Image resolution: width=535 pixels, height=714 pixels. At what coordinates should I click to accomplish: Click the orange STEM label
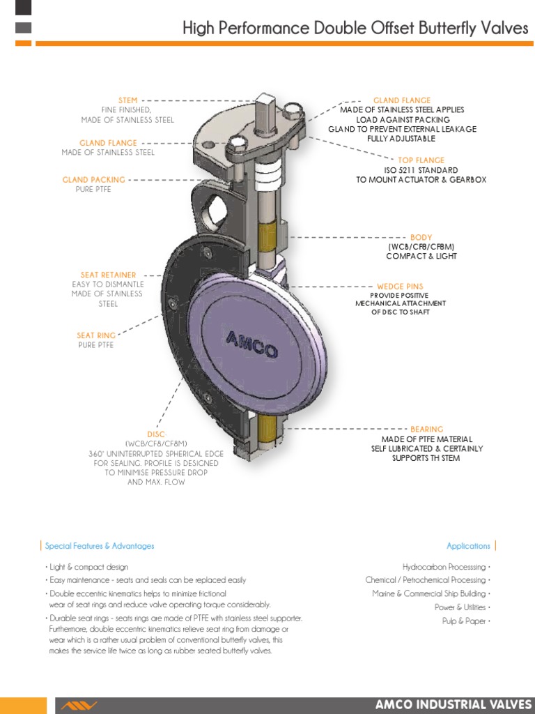pyautogui.click(x=127, y=100)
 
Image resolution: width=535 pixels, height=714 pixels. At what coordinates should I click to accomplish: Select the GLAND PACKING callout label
pyautogui.click(x=93, y=180)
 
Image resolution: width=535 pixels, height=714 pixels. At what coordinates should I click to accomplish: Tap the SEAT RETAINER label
pyautogui.click(x=108, y=275)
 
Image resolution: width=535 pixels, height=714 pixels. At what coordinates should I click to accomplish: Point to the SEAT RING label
pyautogui.click(x=96, y=336)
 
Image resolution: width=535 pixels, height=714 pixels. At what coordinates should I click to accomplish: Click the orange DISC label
pyautogui.click(x=156, y=434)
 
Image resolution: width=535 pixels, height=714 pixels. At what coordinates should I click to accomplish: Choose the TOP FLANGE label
pyautogui.click(x=421, y=160)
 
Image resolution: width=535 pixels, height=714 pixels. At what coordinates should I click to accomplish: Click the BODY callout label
pyautogui.click(x=421, y=238)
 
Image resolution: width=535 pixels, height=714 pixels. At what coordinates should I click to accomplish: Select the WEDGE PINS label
pyautogui.click(x=400, y=287)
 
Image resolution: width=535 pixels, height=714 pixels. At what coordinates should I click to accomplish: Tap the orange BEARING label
pyautogui.click(x=426, y=430)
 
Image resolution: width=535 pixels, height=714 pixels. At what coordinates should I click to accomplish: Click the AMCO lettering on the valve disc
pyautogui.click(x=252, y=344)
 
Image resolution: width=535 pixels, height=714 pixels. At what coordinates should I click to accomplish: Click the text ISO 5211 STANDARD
pyautogui.click(x=421, y=170)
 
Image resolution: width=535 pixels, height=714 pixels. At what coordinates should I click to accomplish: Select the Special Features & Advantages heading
pyautogui.click(x=100, y=546)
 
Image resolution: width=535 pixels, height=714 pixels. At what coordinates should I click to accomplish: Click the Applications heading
pyautogui.click(x=468, y=546)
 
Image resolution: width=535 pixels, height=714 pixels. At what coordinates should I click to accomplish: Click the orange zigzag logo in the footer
pyautogui.click(x=78, y=706)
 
